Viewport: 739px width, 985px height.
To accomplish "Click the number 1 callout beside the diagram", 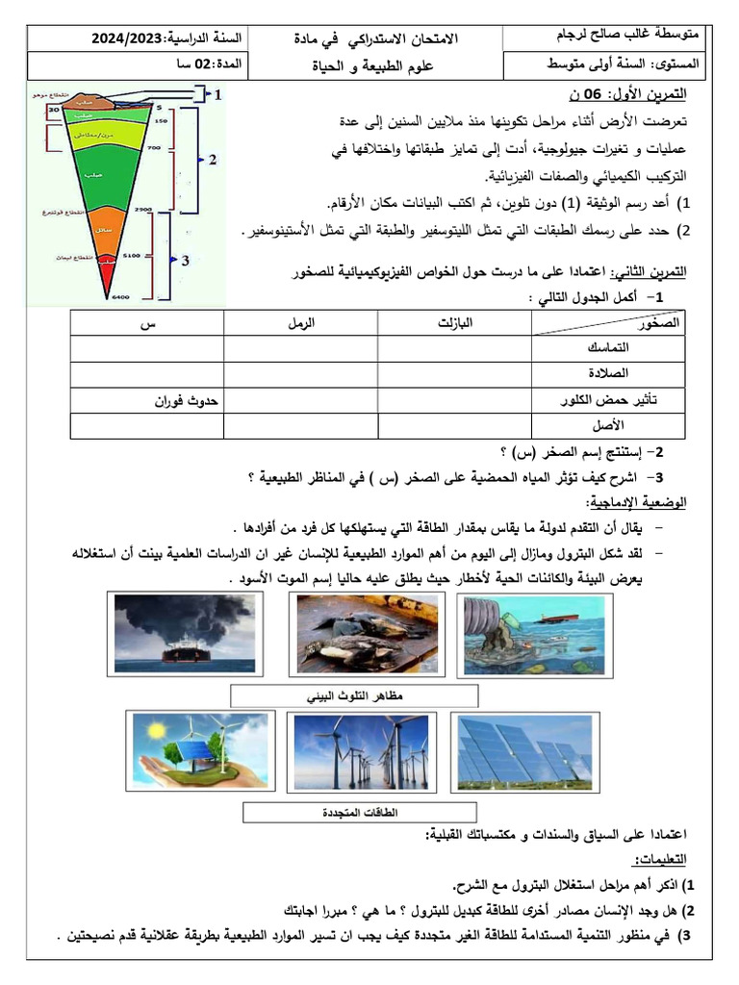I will click(218, 94).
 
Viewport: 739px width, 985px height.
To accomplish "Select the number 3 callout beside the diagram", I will click(185, 259).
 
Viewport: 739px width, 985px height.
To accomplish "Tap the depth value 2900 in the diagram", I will click(144, 209).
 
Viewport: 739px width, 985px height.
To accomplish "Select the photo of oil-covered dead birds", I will click(366, 632).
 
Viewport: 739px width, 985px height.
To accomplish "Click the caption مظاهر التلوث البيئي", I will click(353, 695).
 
